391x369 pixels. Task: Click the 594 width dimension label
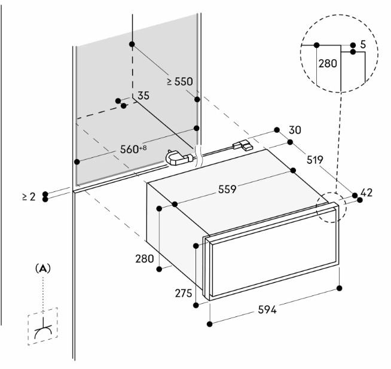click(267, 310)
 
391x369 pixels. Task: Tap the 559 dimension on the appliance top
click(227, 189)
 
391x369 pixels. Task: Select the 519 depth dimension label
click(314, 160)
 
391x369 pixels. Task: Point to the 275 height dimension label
click(184, 293)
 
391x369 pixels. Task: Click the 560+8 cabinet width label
click(133, 149)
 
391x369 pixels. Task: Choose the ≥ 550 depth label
click(180, 81)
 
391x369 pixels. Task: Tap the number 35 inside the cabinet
click(143, 96)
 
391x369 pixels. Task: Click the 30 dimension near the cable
click(295, 130)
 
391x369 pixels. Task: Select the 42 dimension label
click(366, 193)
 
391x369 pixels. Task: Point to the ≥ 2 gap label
click(29, 197)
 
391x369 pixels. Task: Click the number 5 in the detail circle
click(363, 45)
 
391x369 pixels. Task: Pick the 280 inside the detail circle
click(328, 63)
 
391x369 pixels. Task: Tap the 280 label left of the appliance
click(144, 259)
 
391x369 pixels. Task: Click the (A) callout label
click(43, 269)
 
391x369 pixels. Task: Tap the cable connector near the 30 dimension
click(242, 145)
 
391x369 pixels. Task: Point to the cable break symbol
click(198, 156)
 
